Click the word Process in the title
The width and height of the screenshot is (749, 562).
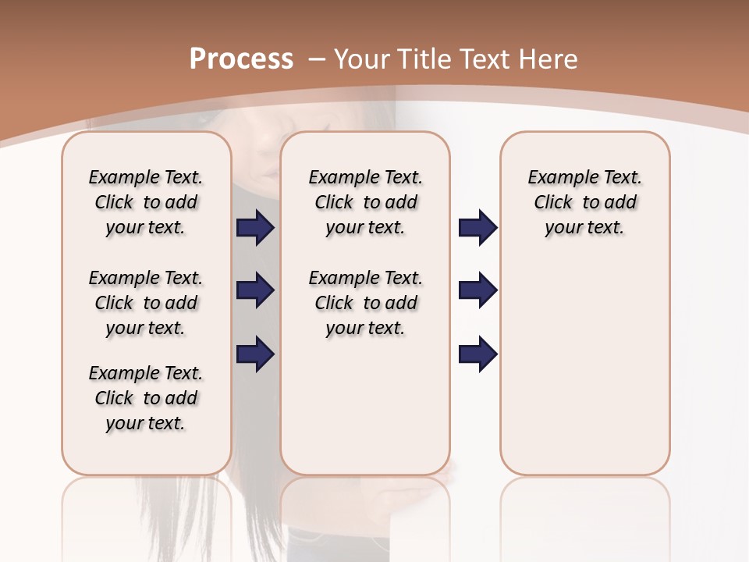[x=241, y=59]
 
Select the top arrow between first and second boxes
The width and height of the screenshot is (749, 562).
[x=255, y=228]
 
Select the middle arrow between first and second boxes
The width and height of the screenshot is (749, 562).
[x=255, y=291]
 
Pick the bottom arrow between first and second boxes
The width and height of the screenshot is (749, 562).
[x=255, y=354]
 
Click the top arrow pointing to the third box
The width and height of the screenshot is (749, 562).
[x=477, y=228]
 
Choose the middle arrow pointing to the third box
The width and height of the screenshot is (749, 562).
[x=477, y=291]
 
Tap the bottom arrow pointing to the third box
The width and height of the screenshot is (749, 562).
[x=477, y=354]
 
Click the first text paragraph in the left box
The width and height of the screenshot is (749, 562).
[x=146, y=202]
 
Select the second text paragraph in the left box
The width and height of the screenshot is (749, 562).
[x=146, y=303]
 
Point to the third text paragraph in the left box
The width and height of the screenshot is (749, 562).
[x=146, y=398]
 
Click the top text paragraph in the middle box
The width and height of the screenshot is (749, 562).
[x=365, y=202]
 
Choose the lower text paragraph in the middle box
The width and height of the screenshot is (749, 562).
[x=365, y=303]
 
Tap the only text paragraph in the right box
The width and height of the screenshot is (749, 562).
[x=584, y=202]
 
